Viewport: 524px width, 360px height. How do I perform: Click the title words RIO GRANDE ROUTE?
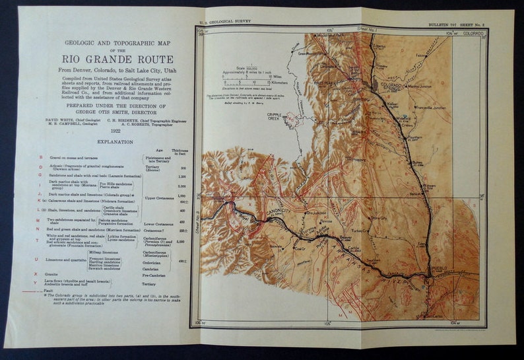111,59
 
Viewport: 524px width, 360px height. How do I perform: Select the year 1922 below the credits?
111,131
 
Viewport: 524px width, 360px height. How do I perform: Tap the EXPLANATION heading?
111,142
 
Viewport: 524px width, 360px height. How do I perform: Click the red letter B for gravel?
41,158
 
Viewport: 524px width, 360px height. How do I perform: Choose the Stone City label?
378,218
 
